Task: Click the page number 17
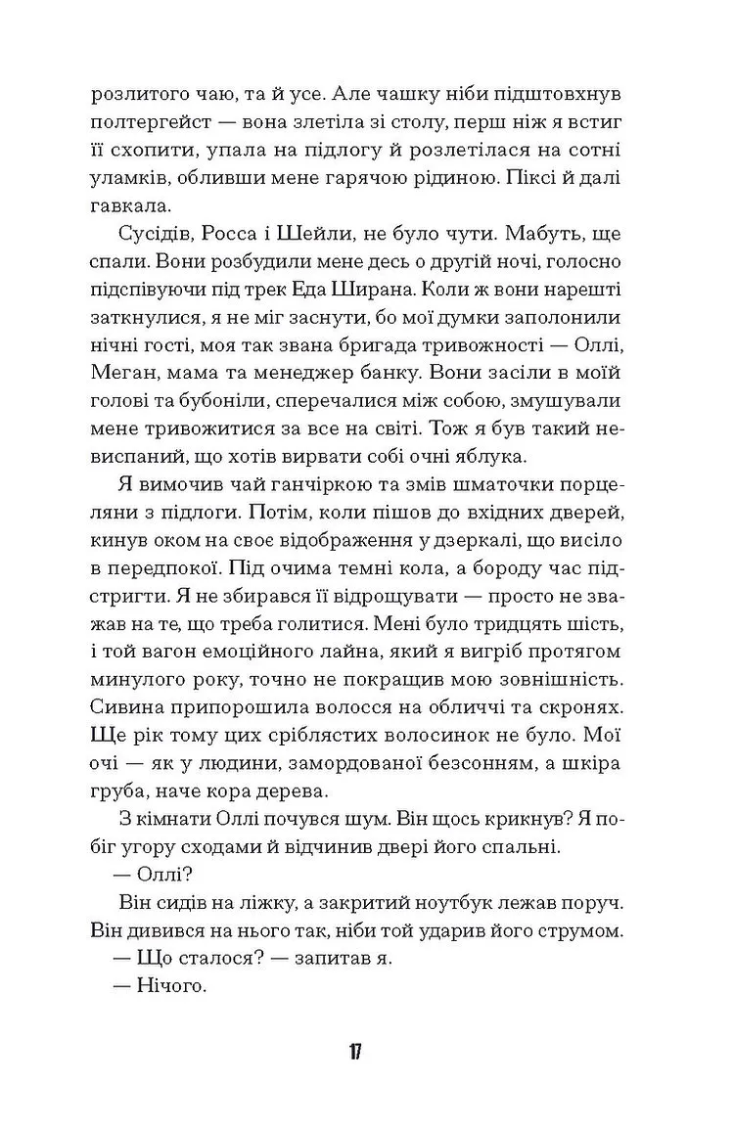click(353, 1052)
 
